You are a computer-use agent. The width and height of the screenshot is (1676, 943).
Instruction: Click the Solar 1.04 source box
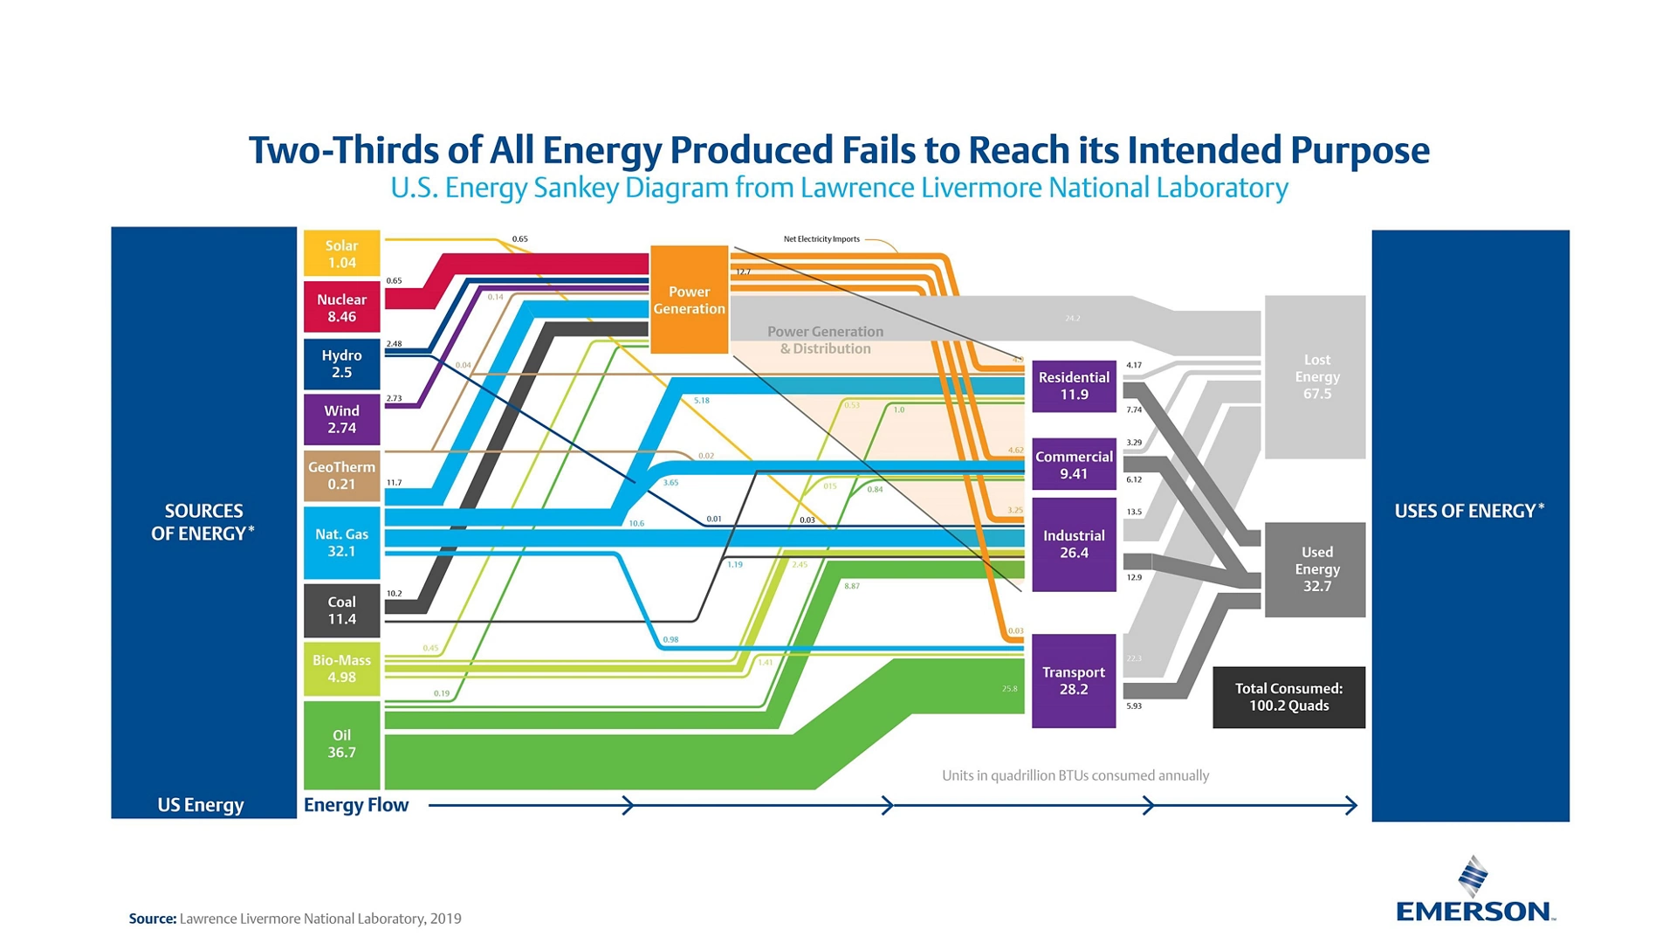click(341, 253)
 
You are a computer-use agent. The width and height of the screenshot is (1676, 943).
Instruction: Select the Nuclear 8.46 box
click(341, 307)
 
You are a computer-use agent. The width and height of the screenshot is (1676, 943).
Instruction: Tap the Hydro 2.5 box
click(341, 363)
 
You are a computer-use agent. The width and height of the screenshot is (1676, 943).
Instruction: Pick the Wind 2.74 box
click(341, 419)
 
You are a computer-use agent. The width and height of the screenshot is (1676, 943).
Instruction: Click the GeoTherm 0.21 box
click(341, 475)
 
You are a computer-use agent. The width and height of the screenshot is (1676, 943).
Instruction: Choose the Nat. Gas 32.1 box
click(341, 542)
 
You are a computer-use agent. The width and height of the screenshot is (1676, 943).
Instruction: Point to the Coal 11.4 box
click(341, 610)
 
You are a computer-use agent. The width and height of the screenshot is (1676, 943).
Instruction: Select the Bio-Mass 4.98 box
click(341, 668)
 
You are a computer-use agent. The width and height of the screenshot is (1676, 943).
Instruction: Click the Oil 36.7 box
click(341, 744)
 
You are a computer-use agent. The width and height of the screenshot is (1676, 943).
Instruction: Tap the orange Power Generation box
click(689, 299)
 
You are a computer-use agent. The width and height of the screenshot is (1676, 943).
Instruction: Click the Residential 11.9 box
click(1074, 385)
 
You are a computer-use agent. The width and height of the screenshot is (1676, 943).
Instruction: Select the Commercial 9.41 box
click(1074, 465)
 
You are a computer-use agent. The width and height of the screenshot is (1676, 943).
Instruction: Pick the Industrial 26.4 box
click(1074, 544)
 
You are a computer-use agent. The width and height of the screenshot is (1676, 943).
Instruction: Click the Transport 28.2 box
click(1074, 680)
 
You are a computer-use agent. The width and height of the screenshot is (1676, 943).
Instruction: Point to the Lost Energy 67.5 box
click(1315, 376)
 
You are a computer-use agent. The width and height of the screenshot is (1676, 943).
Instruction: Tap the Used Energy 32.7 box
click(1315, 569)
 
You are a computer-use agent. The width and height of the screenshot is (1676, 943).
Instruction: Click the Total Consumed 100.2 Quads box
click(1288, 697)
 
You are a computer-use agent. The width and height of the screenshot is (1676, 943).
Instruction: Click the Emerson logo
click(1474, 891)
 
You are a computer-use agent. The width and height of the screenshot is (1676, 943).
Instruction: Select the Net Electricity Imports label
click(821, 239)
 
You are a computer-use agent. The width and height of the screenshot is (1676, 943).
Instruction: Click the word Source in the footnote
click(152, 919)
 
